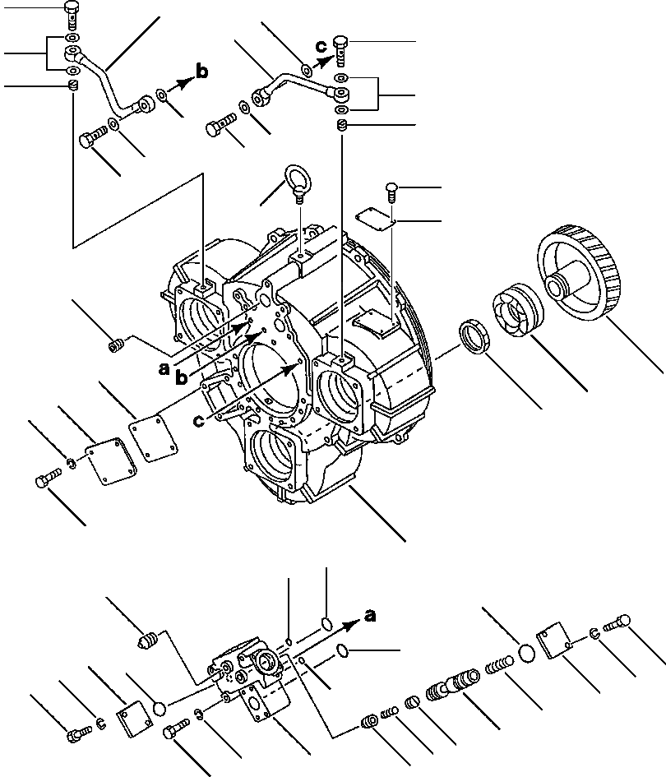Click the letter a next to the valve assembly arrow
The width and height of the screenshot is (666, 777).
point(370,615)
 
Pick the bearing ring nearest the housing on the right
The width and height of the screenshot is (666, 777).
point(475,337)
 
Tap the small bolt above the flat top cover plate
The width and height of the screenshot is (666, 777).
point(392,191)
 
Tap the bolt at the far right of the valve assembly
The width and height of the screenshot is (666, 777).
point(618,626)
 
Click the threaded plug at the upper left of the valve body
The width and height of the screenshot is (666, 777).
point(147,639)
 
